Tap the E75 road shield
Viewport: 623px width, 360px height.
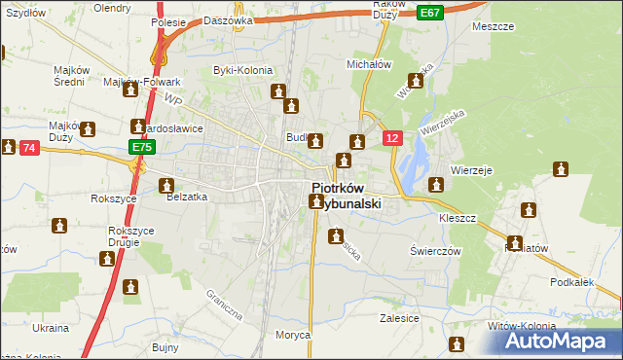142,147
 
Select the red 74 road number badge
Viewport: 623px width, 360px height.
28,148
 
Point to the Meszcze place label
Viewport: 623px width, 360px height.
492,26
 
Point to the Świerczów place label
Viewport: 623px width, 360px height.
433,250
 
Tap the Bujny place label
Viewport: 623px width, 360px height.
165,346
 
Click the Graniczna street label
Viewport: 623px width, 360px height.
223,305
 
